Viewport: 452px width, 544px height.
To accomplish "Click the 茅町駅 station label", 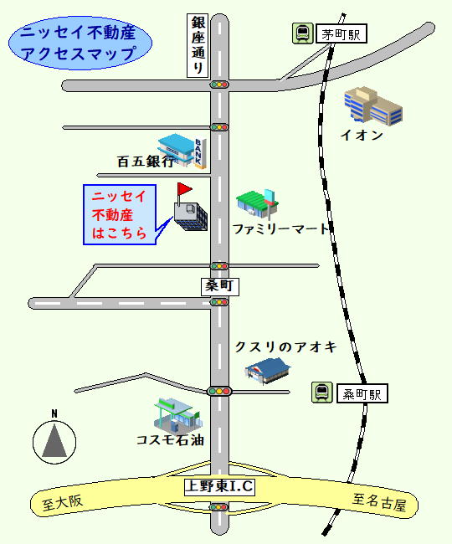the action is pyautogui.click(x=341, y=33).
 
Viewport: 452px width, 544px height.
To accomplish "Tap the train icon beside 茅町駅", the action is pyautogui.click(x=302, y=33).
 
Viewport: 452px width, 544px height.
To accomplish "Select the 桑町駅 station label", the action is pyautogui.click(x=362, y=393).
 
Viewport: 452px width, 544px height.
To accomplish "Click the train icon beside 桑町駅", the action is pyautogui.click(x=322, y=393).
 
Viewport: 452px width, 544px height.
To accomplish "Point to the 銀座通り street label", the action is pyautogui.click(x=198, y=45).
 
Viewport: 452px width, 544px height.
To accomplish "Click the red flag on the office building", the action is pyautogui.click(x=184, y=189).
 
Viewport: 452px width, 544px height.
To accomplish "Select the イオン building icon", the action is pyautogui.click(x=373, y=105).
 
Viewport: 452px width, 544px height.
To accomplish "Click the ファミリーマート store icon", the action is pyautogui.click(x=258, y=204).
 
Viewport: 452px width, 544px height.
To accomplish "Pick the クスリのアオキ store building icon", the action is pyautogui.click(x=268, y=371).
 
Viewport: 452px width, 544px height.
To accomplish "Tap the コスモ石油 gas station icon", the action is pyautogui.click(x=177, y=414).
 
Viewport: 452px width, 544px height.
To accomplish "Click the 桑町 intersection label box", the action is pyautogui.click(x=220, y=286).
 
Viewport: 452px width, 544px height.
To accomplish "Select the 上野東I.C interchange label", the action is pyautogui.click(x=219, y=486).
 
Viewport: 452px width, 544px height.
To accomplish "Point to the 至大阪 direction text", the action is pyautogui.click(x=63, y=502).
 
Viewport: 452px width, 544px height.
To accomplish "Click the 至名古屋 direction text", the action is pyautogui.click(x=379, y=502).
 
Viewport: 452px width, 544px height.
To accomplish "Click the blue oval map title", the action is pyautogui.click(x=80, y=43).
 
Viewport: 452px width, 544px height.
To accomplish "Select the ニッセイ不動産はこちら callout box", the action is pyautogui.click(x=120, y=215).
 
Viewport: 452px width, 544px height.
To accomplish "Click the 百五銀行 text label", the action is pyautogui.click(x=146, y=162).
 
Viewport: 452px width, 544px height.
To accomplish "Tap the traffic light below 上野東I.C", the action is pyautogui.click(x=219, y=507).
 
